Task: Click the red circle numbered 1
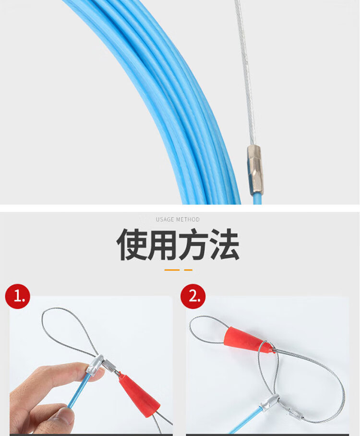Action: click(x=17, y=296)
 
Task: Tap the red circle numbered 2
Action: click(x=193, y=296)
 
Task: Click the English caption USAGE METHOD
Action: click(x=178, y=219)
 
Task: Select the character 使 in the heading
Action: click(x=132, y=245)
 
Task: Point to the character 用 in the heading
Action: click(x=162, y=245)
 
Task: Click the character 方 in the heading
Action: click(x=193, y=245)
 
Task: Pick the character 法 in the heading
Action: click(x=224, y=245)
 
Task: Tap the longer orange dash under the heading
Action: click(x=172, y=270)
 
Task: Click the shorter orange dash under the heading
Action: click(x=188, y=270)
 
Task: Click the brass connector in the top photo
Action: click(x=255, y=170)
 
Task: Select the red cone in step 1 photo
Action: click(x=139, y=395)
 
